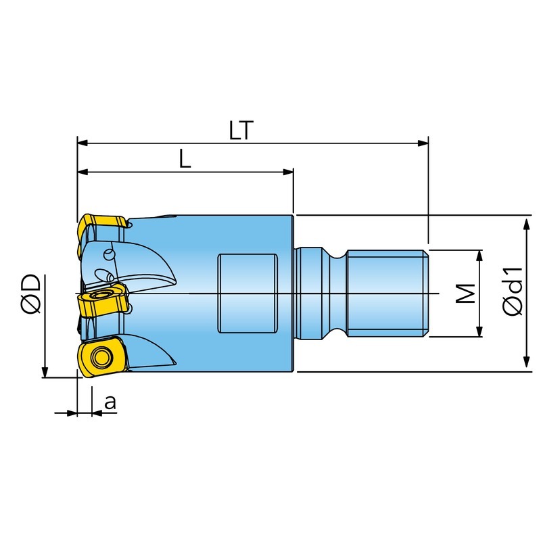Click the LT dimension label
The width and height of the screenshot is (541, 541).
pyautogui.click(x=241, y=130)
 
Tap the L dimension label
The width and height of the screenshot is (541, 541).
pyautogui.click(x=185, y=159)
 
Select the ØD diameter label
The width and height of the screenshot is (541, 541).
pyautogui.click(x=31, y=294)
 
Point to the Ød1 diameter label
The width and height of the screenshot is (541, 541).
pyautogui.click(x=513, y=291)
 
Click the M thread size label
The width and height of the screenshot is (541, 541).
pyautogui.click(x=466, y=293)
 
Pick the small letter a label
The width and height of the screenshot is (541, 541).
pyautogui.click(x=110, y=402)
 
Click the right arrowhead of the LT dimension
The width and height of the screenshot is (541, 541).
pyautogui.click(x=423, y=143)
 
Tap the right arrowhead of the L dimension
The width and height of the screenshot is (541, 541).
pyautogui.click(x=288, y=172)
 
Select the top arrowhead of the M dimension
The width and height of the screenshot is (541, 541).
pyautogui.click(x=479, y=256)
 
